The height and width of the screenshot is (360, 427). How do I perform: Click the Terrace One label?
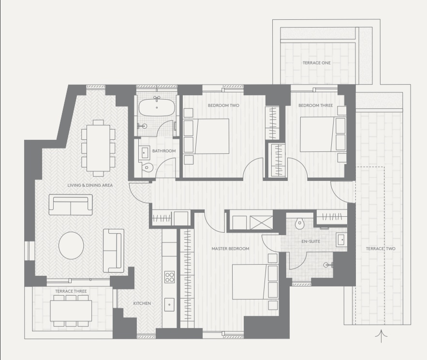coord(316,63)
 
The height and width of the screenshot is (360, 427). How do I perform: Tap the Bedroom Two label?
coord(223,105)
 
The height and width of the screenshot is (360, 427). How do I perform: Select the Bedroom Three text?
coord(315,105)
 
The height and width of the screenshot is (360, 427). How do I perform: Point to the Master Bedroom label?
coord(230,249)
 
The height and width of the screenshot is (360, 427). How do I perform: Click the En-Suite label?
coord(311,241)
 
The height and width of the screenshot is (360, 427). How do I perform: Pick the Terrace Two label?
coord(381,249)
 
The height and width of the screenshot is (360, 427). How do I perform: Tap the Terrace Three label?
coord(71,291)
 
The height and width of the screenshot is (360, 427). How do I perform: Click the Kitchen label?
coord(142,303)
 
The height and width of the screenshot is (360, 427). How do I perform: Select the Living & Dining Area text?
coord(90,185)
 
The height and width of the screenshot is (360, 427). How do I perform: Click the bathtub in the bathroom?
coord(157,107)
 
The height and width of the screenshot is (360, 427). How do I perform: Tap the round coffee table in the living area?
coord(71,245)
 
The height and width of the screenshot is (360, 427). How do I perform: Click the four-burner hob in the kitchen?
coord(169,277)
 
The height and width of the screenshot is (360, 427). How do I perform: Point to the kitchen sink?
coord(169,305)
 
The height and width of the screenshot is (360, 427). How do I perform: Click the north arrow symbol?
coord(381,336)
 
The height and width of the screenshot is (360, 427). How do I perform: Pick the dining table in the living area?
coord(98,148)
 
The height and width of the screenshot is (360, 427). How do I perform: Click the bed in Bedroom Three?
coord(323,135)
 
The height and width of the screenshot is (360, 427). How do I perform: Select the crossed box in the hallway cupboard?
coord(261,223)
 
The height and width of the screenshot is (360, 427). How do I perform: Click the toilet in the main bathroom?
coord(147,167)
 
